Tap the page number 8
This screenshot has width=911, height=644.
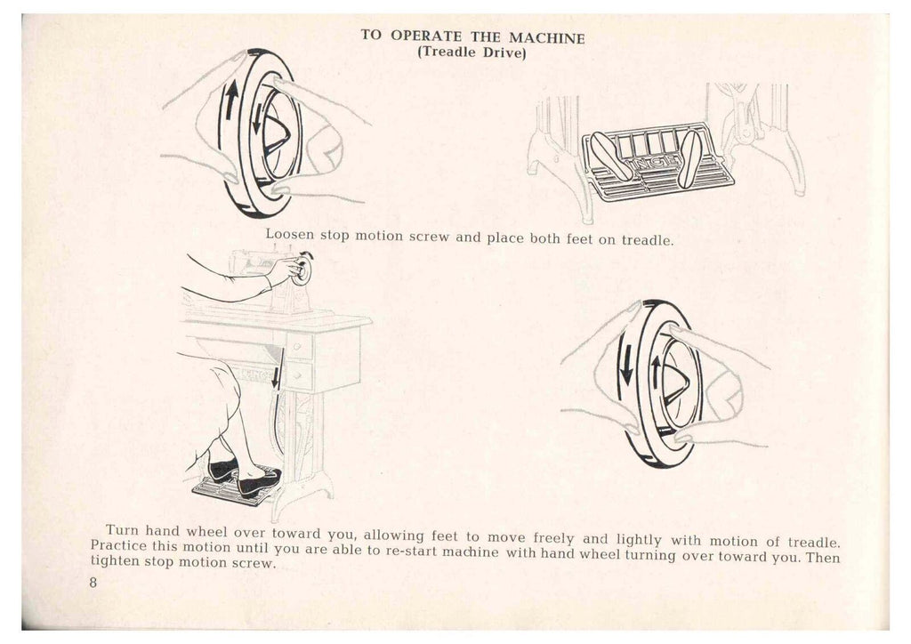(x=93, y=582)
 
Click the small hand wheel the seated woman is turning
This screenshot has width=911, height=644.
(x=304, y=270)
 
